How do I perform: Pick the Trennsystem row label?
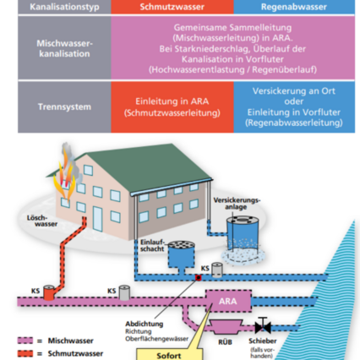(63, 108)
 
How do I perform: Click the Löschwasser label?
(26, 221)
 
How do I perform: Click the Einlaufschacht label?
(150, 244)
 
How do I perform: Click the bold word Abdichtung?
(139, 323)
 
